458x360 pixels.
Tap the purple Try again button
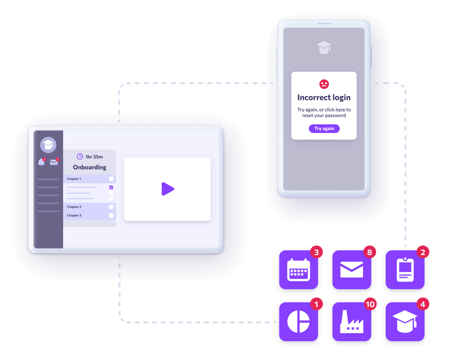click(x=324, y=128)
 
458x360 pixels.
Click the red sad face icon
click(x=324, y=84)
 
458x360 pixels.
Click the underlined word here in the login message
click(x=340, y=110)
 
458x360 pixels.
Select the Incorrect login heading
click(x=324, y=97)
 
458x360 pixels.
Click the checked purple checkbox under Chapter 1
click(x=111, y=187)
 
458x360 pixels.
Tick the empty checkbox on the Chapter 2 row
click(x=111, y=207)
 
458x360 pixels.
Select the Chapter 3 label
click(x=74, y=215)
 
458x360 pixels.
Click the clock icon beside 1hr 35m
click(x=80, y=156)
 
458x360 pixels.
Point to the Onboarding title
click(x=90, y=167)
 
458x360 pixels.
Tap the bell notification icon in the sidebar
click(x=42, y=162)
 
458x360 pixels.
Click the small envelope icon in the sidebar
click(x=54, y=162)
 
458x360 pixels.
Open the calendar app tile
click(x=299, y=270)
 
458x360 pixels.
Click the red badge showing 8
click(x=369, y=252)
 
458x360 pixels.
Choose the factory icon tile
click(x=352, y=322)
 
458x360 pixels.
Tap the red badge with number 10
click(x=370, y=304)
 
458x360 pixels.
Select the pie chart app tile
click(x=299, y=322)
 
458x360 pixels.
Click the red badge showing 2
click(x=423, y=252)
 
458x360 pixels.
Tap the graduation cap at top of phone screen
click(x=324, y=48)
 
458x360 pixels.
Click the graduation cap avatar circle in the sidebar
click(x=48, y=145)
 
